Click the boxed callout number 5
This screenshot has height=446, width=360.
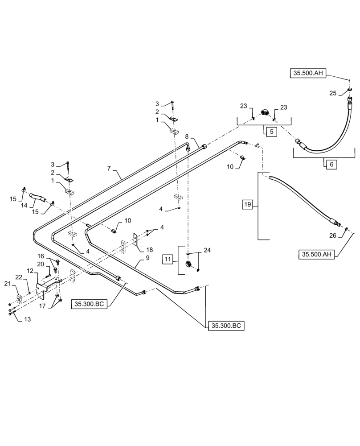[271, 132]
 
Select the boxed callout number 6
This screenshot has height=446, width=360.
[331, 164]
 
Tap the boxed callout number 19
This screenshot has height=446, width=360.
[248, 205]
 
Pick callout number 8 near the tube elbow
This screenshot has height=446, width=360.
[187, 136]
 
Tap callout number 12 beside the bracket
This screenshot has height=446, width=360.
[29, 271]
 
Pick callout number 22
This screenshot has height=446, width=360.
[19, 277]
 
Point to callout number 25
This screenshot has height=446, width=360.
[332, 93]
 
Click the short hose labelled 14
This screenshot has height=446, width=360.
[38, 197]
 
